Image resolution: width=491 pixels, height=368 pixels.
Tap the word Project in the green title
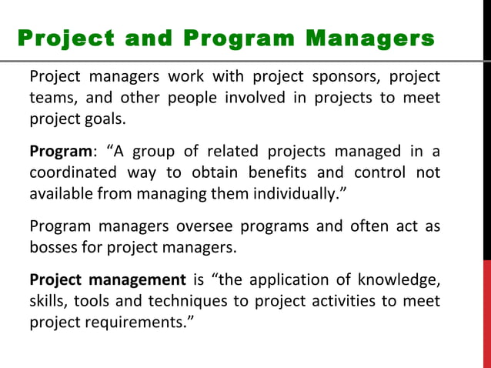click(63, 38)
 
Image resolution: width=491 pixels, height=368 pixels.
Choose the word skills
click(47, 301)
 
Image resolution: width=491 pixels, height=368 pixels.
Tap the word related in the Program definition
click(215, 151)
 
